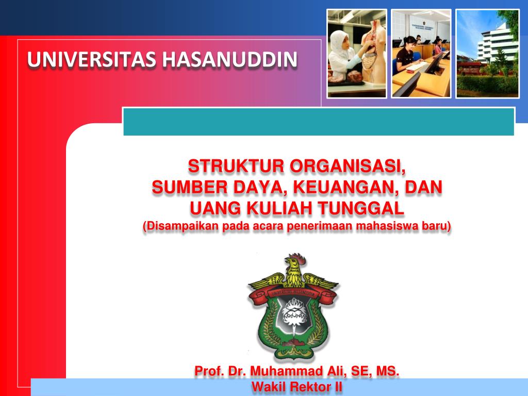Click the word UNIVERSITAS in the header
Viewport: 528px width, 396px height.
coord(92,59)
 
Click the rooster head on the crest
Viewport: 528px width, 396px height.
coord(295,264)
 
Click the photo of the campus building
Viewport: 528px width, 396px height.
coord(487,54)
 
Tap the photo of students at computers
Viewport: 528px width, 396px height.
coord(421,54)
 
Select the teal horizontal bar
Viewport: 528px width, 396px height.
coord(319,122)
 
